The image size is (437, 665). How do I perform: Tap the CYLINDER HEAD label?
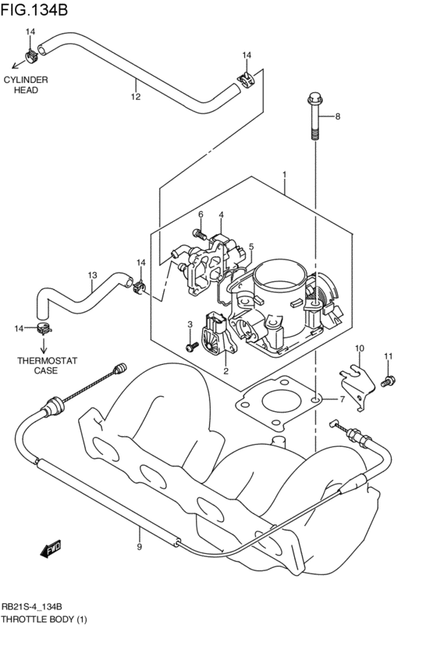click(26, 85)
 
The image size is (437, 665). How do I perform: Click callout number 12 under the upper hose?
click(135, 97)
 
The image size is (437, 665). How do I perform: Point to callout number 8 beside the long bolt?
click(338, 117)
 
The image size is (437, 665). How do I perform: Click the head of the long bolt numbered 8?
click(314, 99)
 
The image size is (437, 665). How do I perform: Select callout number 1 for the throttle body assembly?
click(285, 174)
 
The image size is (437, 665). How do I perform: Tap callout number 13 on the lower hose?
click(92, 275)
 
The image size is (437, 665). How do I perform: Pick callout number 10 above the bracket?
click(360, 349)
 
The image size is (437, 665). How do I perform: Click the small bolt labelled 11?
click(385, 381)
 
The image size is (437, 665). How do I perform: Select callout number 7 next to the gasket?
click(341, 399)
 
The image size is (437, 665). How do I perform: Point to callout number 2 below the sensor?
click(226, 371)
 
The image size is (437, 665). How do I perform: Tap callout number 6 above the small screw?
click(200, 215)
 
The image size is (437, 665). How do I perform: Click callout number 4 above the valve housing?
click(222, 215)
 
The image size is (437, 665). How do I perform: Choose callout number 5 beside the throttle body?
click(251, 246)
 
